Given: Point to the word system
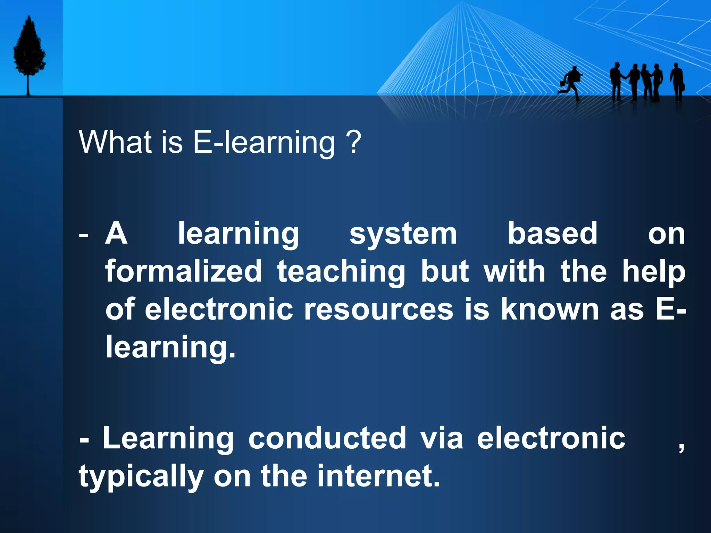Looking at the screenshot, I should (403, 234).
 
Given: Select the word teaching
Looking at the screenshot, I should (341, 272).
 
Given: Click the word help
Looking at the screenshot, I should (654, 272).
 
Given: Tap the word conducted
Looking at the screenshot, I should (327, 438).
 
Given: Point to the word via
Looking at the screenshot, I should (442, 438).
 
